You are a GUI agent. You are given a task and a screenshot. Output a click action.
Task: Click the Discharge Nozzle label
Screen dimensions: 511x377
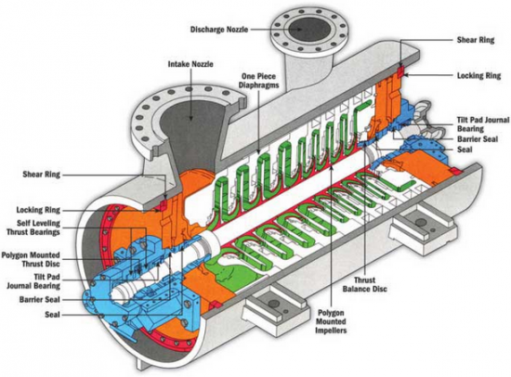coord(219,30)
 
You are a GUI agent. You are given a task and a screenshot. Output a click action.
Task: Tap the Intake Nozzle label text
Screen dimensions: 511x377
coord(190,64)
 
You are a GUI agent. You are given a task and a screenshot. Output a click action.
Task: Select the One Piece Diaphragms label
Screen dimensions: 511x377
coord(259,81)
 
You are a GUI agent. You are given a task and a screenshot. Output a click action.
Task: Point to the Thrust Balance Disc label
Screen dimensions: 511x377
coord(365,284)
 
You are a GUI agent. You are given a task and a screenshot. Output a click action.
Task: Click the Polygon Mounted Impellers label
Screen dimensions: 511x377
coord(331,321)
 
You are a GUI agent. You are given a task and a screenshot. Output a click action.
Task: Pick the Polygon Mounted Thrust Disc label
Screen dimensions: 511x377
coord(31,259)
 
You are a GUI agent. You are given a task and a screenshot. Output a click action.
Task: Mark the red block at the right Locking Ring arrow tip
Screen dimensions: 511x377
coord(400,71)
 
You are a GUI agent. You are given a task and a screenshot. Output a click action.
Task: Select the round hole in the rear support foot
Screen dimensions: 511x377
coord(422,223)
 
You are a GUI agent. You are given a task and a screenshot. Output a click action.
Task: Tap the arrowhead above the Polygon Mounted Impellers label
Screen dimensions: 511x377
coord(332,166)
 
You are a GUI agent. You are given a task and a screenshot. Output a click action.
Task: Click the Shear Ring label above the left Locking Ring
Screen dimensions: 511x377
coord(42,174)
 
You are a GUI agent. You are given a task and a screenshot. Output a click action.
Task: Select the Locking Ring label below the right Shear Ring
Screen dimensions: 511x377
coord(478,75)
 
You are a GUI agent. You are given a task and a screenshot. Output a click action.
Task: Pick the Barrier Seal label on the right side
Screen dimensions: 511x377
coord(478,139)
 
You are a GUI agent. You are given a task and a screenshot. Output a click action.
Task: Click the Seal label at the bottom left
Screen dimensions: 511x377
coord(52,315)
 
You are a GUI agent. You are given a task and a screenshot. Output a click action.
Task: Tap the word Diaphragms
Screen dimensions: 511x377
coord(259,85)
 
